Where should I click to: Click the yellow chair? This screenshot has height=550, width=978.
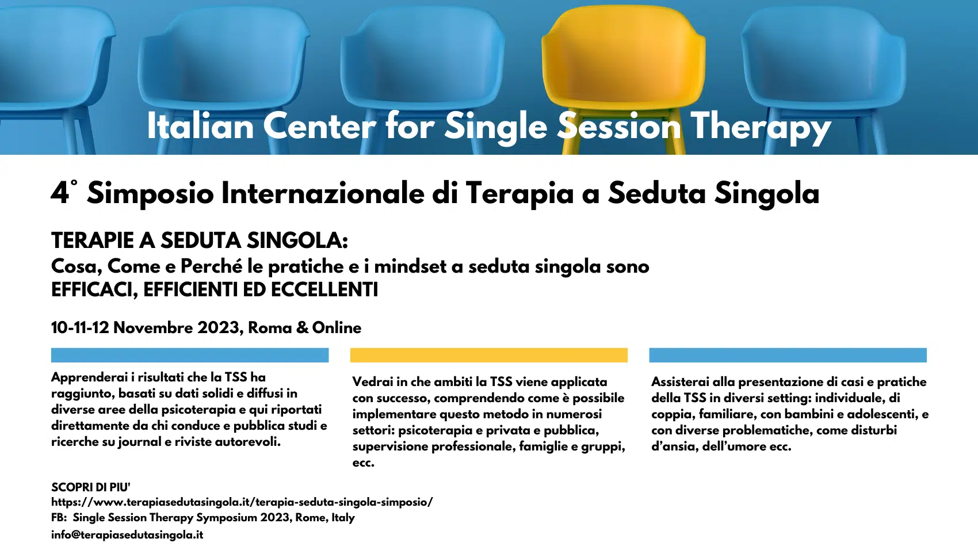pyautogui.click(x=624, y=79)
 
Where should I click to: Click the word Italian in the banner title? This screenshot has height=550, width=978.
pyautogui.click(x=200, y=126)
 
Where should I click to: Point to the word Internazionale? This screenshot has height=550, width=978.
pyautogui.click(x=323, y=193)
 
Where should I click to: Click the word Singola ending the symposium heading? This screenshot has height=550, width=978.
pyautogui.click(x=767, y=193)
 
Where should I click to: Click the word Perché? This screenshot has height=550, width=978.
pyautogui.click(x=211, y=266)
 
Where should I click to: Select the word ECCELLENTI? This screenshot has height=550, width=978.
pyautogui.click(x=324, y=289)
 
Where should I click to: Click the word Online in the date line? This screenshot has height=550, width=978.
pyautogui.click(x=337, y=327)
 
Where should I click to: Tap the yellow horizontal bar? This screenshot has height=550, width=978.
pyautogui.click(x=488, y=355)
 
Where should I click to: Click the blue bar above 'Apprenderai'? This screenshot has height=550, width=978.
pyautogui.click(x=189, y=355)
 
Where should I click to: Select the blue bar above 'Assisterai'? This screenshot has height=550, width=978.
pyautogui.click(x=788, y=355)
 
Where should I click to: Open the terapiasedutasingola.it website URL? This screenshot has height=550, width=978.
pyautogui.click(x=242, y=502)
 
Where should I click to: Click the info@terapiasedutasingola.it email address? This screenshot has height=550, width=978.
pyautogui.click(x=127, y=534)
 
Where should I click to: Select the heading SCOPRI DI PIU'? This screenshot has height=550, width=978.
pyautogui.click(x=91, y=487)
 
